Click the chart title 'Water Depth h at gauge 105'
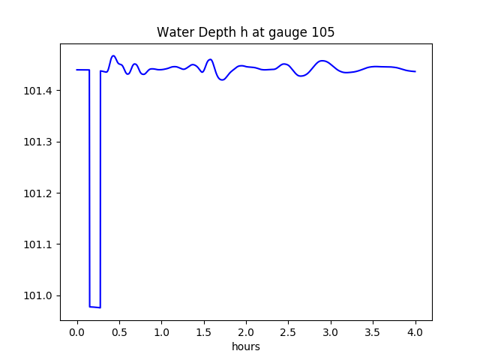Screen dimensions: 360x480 [245, 32]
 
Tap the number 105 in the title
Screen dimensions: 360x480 [323, 32]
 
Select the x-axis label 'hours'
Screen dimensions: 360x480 [246, 347]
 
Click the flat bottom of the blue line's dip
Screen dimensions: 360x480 [95, 307]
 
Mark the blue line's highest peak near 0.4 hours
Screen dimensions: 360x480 [113, 55]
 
